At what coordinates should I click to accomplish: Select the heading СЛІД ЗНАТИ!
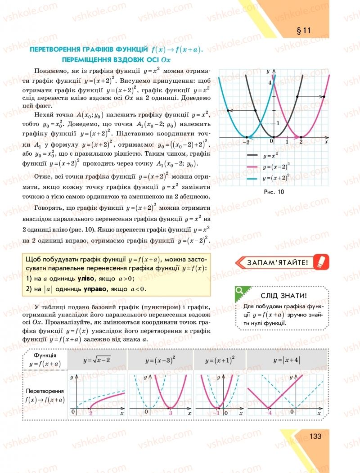tap(284, 296)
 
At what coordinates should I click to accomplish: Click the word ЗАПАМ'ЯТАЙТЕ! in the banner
tap(277, 262)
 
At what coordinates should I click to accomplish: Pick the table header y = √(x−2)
tap(97, 360)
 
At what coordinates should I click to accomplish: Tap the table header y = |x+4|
tap(287, 360)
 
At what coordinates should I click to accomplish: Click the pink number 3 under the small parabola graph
tap(171, 413)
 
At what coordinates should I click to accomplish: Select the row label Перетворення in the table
tap(45, 391)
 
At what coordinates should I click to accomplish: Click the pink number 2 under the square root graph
tap(91, 413)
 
